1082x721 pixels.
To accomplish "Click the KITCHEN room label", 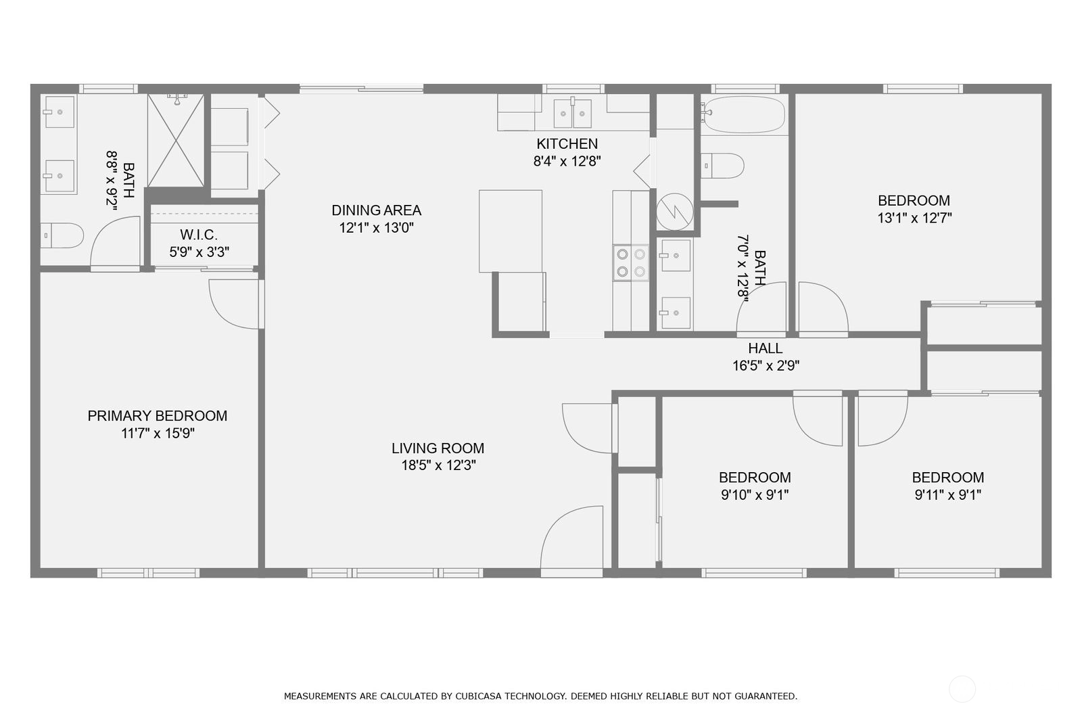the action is (567, 143).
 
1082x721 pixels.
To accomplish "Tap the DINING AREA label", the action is (376, 210).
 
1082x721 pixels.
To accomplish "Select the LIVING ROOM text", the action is (438, 448).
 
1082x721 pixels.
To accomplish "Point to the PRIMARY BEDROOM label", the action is (157, 415).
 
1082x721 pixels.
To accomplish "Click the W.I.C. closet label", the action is (199, 235).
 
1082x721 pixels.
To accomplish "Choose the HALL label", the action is (765, 348).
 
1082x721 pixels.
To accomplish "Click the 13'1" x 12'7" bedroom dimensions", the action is (914, 218).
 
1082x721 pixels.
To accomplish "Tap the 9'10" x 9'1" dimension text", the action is (755, 495).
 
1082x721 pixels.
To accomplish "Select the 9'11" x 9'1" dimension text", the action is (947, 495).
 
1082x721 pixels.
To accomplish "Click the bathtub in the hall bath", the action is (743, 114).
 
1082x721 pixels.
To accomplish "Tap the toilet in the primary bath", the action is (62, 235).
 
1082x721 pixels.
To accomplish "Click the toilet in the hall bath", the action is (722, 166).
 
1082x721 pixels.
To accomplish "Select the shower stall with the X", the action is (176, 140).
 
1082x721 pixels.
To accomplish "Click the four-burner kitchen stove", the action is (631, 263).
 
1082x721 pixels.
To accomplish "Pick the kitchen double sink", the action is (572, 114).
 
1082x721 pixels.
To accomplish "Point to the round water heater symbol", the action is (674, 212).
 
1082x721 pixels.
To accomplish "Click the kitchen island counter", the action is (511, 231).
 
